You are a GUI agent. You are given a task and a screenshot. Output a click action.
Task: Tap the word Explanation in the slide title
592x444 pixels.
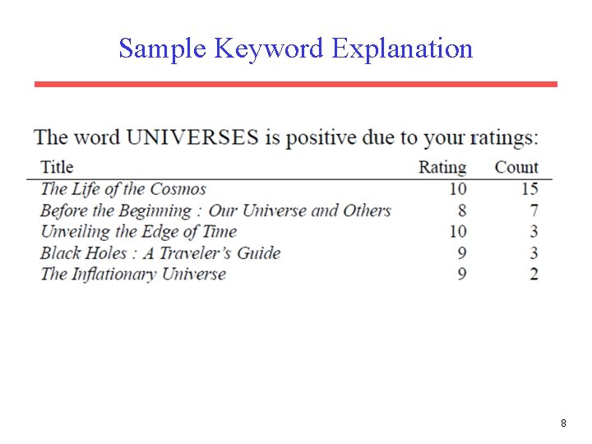coord(402,49)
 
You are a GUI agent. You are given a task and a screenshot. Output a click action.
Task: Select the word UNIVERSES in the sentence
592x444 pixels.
coord(192,137)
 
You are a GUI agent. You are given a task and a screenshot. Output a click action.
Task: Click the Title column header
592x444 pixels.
coord(57,168)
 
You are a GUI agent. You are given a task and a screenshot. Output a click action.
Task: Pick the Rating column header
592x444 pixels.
coord(442,168)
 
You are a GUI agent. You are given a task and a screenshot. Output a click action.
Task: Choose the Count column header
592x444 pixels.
coord(516,168)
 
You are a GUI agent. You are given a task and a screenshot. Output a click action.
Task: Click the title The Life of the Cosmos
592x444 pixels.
coord(123,190)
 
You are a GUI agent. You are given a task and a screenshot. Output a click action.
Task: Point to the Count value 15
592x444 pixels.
coord(530,190)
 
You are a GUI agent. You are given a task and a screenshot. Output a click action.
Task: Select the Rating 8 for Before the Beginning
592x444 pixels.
coord(462,210)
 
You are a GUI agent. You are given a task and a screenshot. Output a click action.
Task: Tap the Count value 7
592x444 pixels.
coord(534,210)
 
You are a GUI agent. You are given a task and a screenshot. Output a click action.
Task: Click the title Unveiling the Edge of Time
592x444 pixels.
coord(138,232)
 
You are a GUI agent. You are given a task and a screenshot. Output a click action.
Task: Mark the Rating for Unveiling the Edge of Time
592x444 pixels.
coord(458,232)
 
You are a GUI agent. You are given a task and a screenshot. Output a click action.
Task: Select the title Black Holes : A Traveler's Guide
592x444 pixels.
coord(160,253)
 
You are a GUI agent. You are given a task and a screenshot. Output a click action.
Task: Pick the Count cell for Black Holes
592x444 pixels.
coord(534,253)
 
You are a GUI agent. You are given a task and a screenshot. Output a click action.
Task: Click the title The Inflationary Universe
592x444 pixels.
coord(133,274)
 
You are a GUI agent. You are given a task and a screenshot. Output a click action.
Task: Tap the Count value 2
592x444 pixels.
coord(534,274)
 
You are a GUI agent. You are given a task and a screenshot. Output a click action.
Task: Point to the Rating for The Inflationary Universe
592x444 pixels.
coord(462,274)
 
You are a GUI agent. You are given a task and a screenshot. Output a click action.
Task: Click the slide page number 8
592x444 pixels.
coord(563,423)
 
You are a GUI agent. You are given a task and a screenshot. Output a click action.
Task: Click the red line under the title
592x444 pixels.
coord(296,84)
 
